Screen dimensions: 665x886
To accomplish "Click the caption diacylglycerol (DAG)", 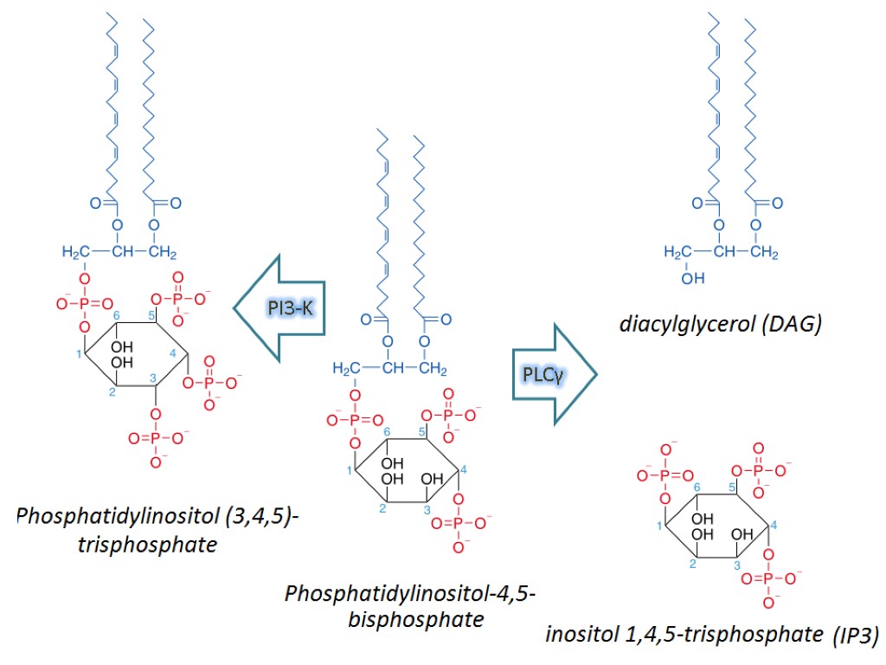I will pos(720,326).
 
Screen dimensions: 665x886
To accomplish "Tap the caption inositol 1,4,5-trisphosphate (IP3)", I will pos(712,634).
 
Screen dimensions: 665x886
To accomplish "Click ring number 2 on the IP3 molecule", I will pos(693,565).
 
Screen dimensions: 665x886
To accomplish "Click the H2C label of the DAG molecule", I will pos(678,253).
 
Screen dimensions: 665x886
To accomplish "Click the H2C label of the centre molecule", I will pos(346,371).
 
